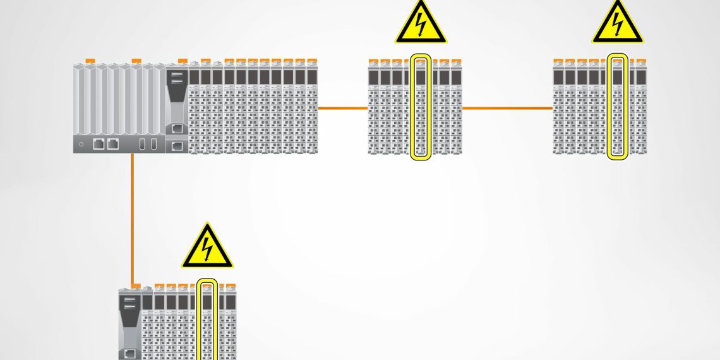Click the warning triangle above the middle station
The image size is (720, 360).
tap(421, 25)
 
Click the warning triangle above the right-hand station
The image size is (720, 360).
tap(617, 25)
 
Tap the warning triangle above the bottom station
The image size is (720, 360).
tap(207, 248)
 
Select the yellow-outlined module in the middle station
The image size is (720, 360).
tap(421, 107)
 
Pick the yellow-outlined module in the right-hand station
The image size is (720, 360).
tap(618, 107)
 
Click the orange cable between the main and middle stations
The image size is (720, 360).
tap(342, 108)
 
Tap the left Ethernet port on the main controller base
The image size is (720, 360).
tap(99, 143)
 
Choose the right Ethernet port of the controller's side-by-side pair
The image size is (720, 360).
tap(112, 143)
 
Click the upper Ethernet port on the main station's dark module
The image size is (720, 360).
tap(177, 128)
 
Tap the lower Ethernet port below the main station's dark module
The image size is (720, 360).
tap(177, 147)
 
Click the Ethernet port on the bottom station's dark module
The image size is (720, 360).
tap(130, 354)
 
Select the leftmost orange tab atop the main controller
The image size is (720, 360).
tap(90, 61)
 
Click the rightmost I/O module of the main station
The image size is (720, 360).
tap(312, 107)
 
